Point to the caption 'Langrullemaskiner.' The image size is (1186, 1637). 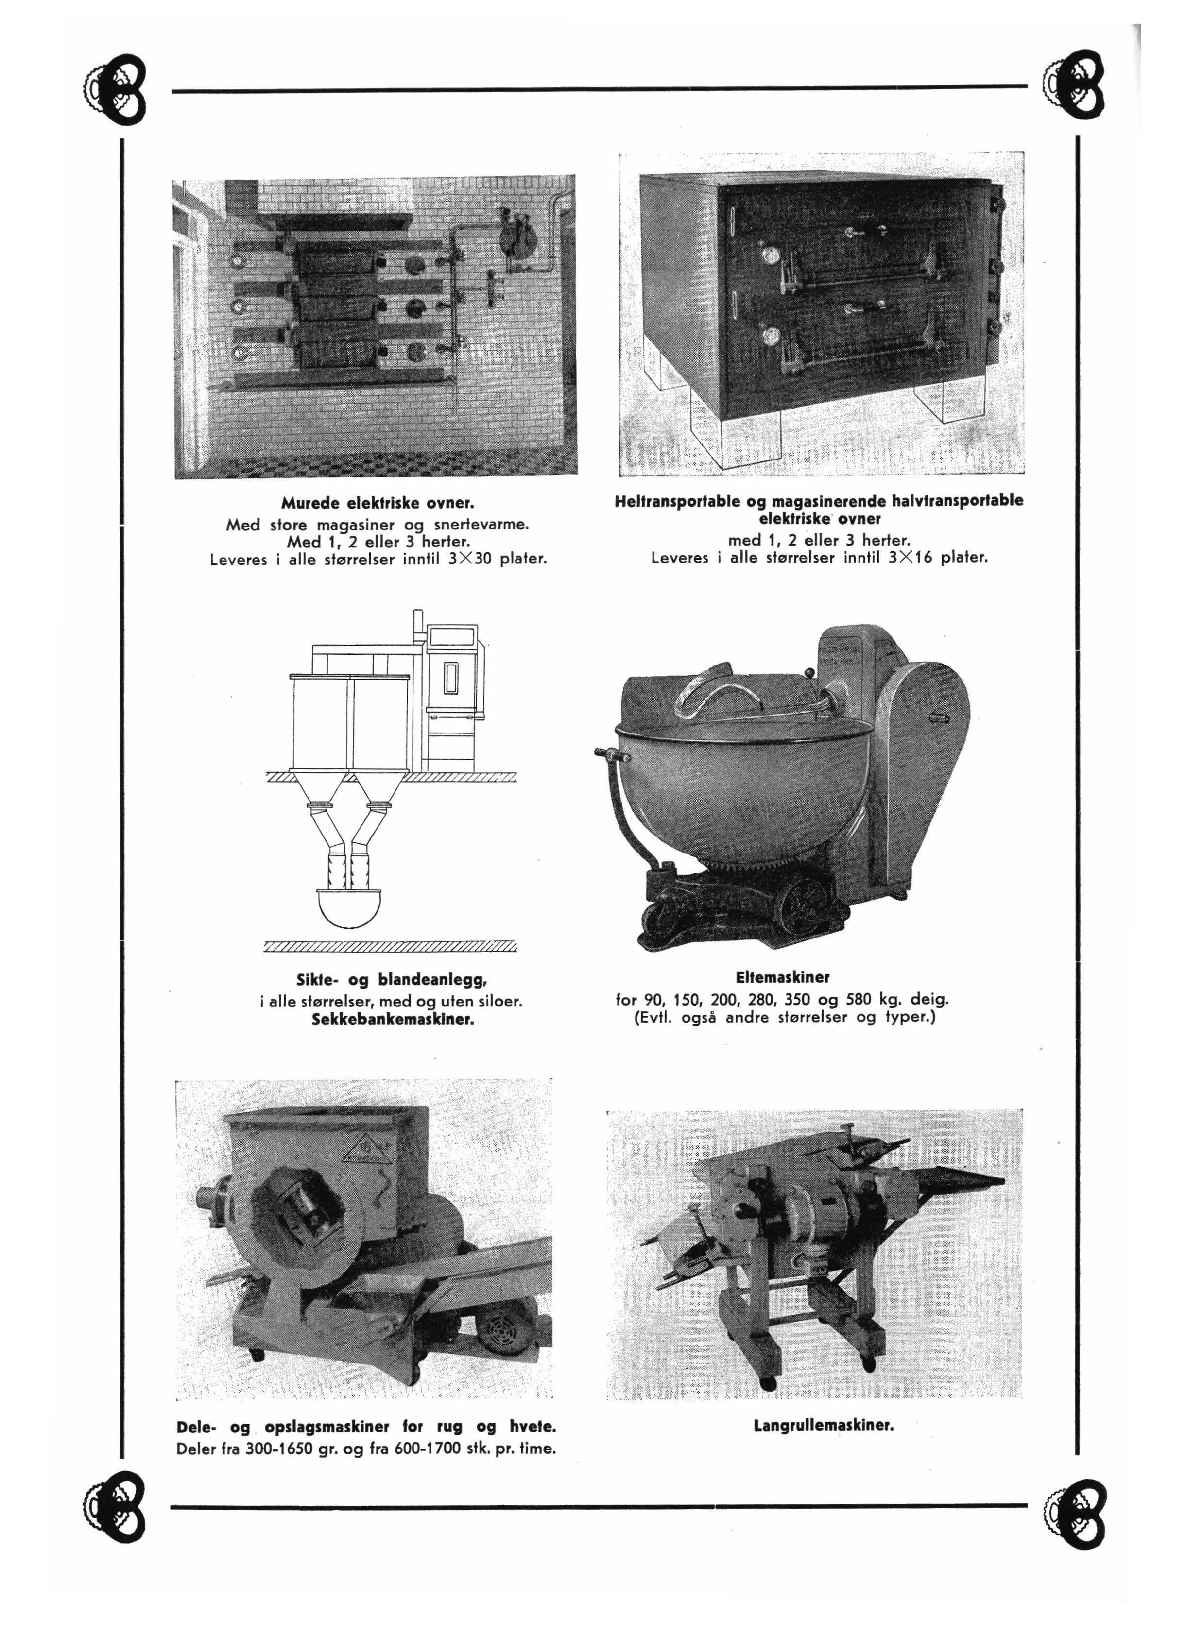point(824,1426)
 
